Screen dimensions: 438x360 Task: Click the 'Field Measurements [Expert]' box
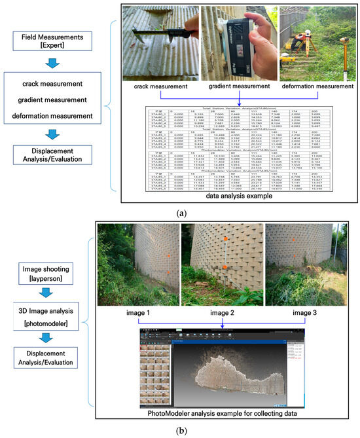click(53, 45)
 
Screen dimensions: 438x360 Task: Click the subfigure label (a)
click(180, 211)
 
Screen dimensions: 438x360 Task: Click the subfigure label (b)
click(180, 429)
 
